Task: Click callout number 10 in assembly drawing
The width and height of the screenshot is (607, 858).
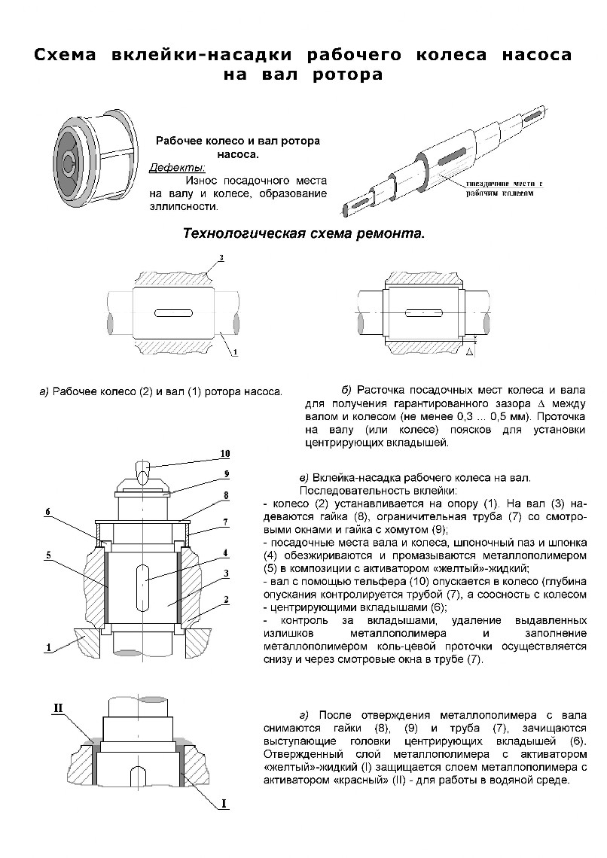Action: (224, 454)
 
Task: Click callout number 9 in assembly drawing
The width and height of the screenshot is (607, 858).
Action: (224, 473)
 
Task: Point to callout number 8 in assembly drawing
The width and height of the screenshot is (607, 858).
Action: (224, 495)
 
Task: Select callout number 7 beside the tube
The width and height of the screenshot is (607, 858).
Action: (224, 521)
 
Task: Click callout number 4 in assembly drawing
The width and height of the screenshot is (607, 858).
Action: (224, 552)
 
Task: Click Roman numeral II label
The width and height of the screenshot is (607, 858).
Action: (58, 707)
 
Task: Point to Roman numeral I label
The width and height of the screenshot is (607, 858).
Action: (224, 804)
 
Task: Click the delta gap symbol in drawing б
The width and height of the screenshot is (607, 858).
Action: (469, 351)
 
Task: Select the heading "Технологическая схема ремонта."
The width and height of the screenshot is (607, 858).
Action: (303, 233)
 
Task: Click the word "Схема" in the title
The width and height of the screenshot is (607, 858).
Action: (69, 56)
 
